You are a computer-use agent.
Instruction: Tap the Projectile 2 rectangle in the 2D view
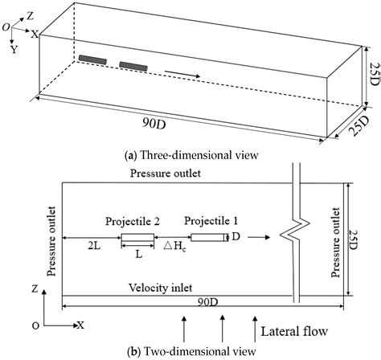click(137, 237)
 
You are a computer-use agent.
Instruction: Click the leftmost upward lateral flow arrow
click(186, 327)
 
